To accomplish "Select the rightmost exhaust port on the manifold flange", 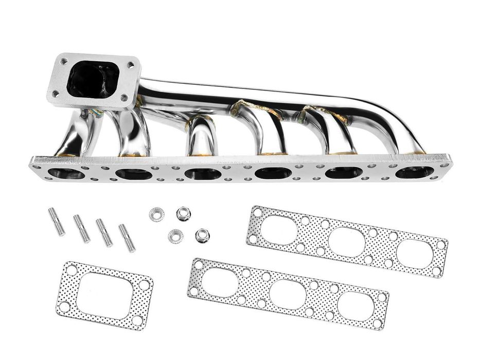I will [414, 172].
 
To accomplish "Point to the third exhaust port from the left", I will [203, 174].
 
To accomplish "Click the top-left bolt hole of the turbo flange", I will [64, 61].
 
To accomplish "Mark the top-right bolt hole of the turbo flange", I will [130, 65].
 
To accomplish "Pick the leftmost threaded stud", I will [57, 221].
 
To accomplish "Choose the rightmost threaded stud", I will [127, 238].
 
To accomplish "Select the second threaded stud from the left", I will [81, 229].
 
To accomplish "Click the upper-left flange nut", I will [156, 214].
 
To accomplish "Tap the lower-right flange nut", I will [202, 236].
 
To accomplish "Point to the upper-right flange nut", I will [183, 213].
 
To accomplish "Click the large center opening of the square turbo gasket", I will [104, 295].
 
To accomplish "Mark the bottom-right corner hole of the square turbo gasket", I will [137, 320].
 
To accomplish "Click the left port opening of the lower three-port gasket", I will [220, 282].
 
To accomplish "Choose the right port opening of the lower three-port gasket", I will [355, 305].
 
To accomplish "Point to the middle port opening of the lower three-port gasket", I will [288, 294].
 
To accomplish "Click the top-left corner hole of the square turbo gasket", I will [72, 269].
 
